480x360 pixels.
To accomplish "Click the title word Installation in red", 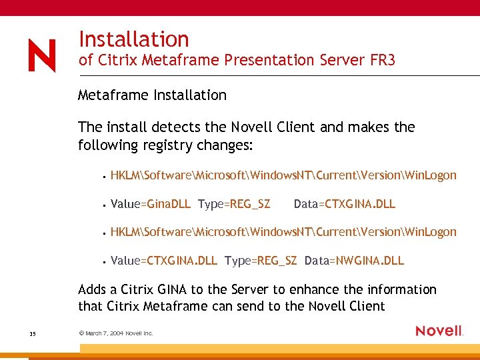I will (133, 39).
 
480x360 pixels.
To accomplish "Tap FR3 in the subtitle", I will (382, 60).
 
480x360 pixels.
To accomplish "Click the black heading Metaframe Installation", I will (152, 95).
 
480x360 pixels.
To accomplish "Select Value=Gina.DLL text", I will (150, 204).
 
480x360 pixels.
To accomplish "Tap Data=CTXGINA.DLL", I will (344, 204).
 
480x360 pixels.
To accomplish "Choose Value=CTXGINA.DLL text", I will (163, 260).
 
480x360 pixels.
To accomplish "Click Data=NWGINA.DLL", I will (354, 260).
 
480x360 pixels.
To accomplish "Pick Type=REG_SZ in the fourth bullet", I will (261, 260).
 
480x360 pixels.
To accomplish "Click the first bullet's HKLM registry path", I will (283, 175).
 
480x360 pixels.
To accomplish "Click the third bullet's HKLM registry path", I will (283, 232).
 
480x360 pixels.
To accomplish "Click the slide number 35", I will (32, 333).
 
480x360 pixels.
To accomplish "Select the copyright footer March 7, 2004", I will (115, 333).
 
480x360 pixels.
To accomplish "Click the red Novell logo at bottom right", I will (439, 331).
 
